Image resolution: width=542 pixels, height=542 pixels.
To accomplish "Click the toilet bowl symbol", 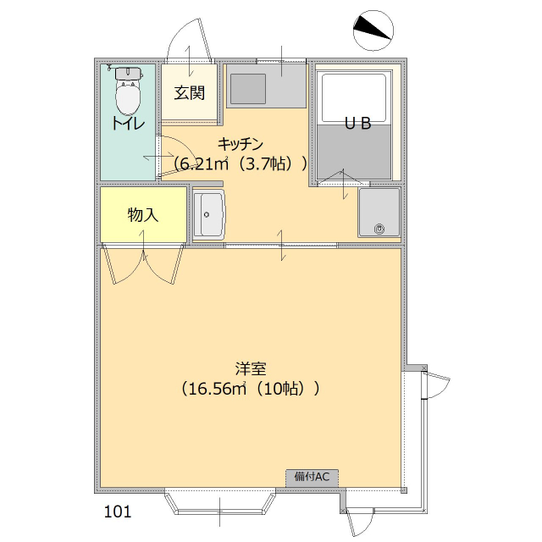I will click(128, 94).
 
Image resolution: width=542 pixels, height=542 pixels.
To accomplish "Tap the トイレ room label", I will click(127, 124).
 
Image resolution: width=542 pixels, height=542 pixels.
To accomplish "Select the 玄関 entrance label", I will click(190, 92).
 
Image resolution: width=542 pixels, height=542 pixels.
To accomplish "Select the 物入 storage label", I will click(142, 214).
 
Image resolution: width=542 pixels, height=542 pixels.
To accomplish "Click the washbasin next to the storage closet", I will click(208, 214).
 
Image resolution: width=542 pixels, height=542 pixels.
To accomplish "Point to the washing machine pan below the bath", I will click(379, 212).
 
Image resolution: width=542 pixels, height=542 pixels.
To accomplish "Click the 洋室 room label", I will click(251, 369).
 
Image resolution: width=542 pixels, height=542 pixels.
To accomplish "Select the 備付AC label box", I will click(312, 477).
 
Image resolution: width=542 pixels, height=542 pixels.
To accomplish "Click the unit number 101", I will click(118, 512).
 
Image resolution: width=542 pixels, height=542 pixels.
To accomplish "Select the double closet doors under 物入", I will click(142, 263).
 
